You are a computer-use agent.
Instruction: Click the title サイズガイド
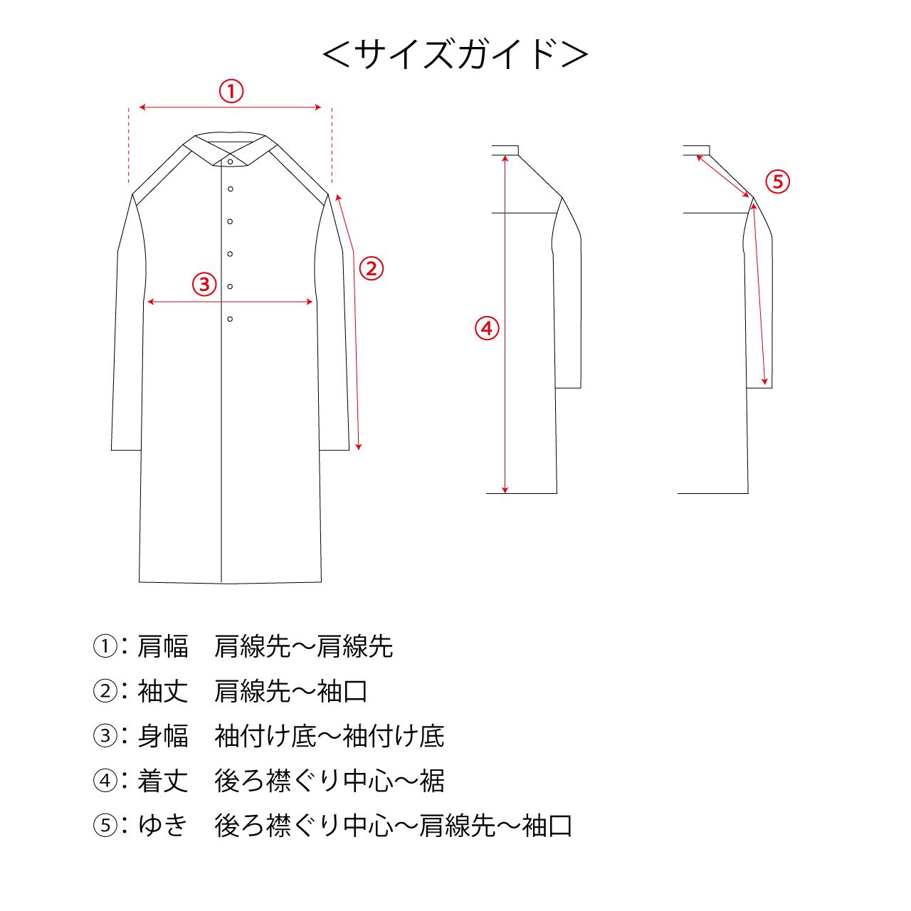pos(455,54)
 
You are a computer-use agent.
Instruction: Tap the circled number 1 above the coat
pos(231,91)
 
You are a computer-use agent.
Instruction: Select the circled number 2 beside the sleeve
pos(371,268)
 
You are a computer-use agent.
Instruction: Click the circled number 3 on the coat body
pos(204,284)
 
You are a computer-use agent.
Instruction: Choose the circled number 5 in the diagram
pos(778,181)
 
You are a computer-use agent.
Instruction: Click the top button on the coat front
pos(230,162)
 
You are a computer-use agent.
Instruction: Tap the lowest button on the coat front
pos(230,319)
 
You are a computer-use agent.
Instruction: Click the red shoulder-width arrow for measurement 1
pos(231,107)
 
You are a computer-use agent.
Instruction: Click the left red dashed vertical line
pos(129,146)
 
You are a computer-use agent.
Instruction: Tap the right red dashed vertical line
pos(332,146)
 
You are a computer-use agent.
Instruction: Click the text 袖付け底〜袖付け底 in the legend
pos(330,736)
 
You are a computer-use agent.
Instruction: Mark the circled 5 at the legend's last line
pos(105,826)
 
